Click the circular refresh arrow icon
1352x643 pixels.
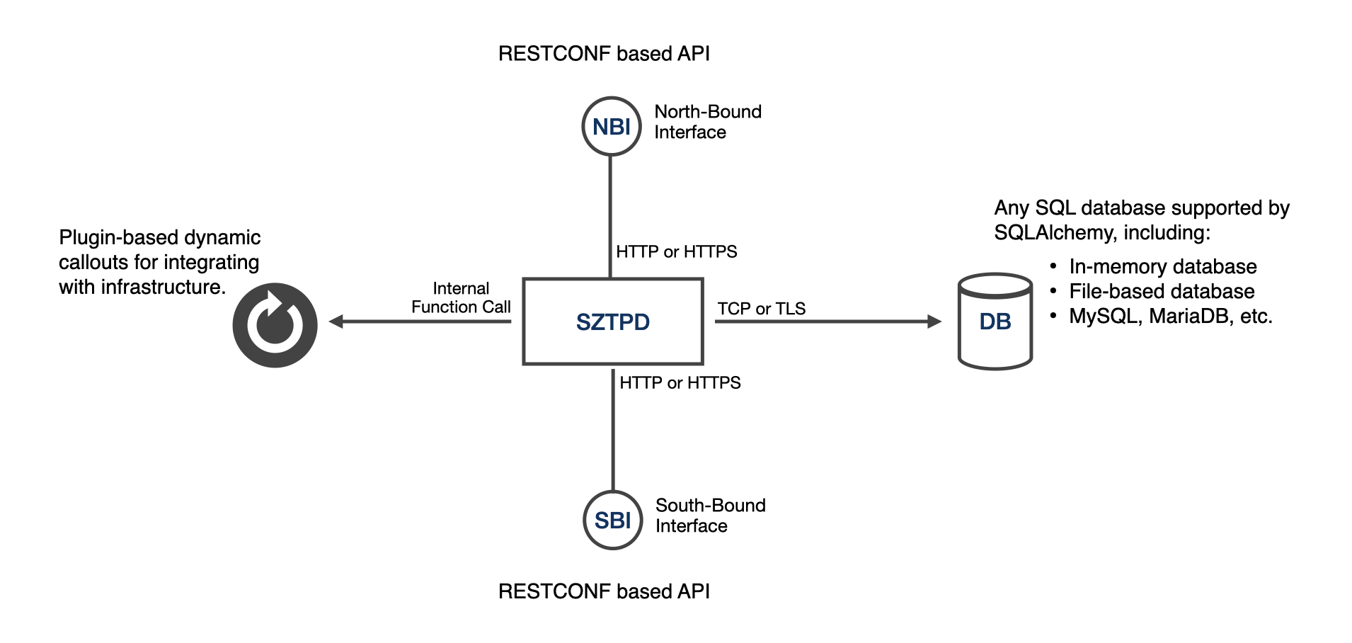tap(275, 325)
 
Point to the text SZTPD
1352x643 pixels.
tap(613, 322)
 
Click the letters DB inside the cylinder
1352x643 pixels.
tap(995, 322)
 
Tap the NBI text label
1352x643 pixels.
tap(612, 127)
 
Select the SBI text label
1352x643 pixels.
tap(613, 521)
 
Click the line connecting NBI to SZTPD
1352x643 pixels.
tap(610, 216)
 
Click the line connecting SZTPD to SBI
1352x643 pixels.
tap(613, 428)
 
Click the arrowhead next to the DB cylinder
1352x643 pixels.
tap(935, 321)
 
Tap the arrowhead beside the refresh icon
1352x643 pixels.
tap(336, 321)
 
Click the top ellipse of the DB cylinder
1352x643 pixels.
tap(995, 286)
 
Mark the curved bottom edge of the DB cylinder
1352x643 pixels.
tap(995, 367)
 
